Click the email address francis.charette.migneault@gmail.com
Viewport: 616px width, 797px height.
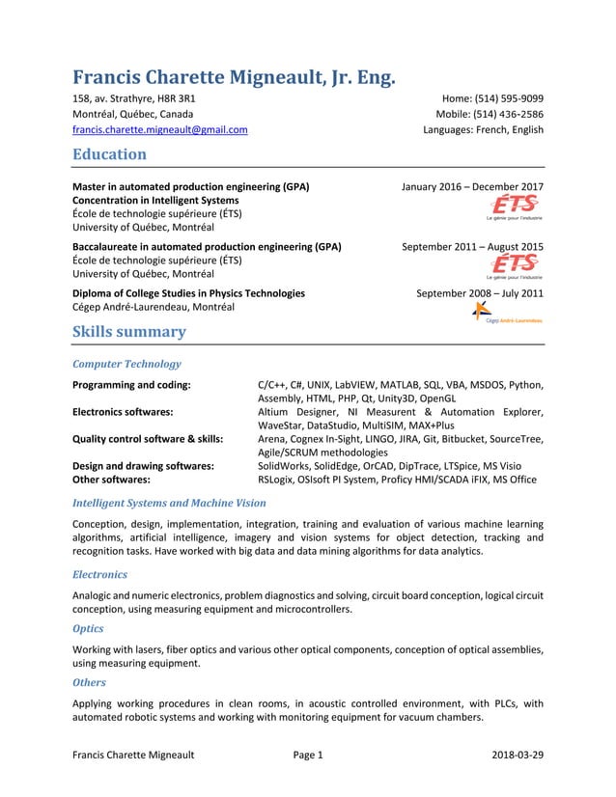tap(159, 130)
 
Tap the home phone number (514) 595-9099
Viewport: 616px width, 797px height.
tap(509, 97)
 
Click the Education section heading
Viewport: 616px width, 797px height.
tap(110, 155)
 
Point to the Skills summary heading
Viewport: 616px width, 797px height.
tap(129, 332)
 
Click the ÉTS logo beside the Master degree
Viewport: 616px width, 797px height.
tap(516, 207)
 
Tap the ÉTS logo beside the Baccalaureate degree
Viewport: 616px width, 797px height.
tap(516, 265)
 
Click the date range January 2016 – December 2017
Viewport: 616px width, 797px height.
tap(471, 187)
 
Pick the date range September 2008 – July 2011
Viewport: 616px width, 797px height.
tap(479, 293)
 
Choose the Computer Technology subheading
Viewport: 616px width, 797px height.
tap(126, 365)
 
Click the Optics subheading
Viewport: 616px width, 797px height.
tap(88, 627)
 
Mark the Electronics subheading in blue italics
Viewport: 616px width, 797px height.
tap(99, 574)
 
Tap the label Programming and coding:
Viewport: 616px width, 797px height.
tap(131, 385)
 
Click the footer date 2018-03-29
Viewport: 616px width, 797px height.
tap(517, 755)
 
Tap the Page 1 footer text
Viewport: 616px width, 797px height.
tap(307, 755)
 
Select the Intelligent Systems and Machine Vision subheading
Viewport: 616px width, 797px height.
tap(169, 503)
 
